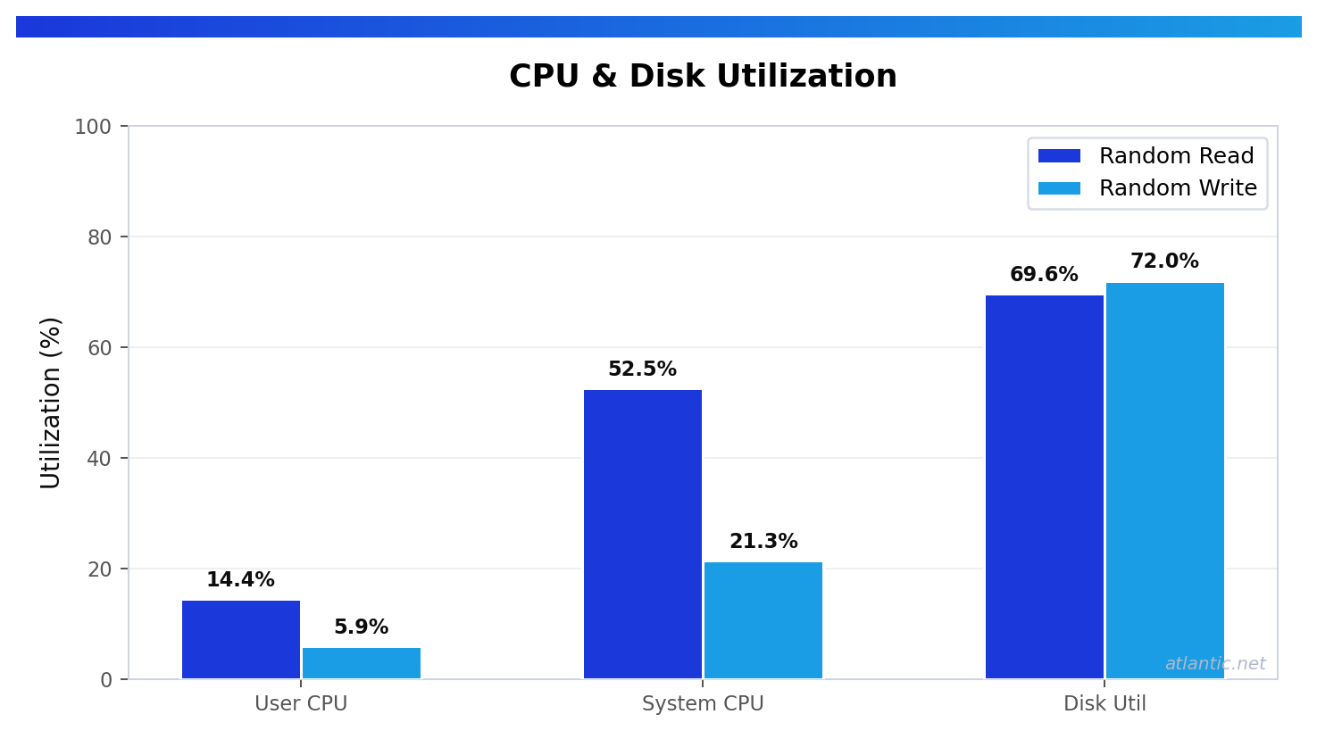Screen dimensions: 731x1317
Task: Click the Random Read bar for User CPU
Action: pyautogui.click(x=241, y=639)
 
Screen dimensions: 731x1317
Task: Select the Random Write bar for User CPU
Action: pyautogui.click(x=362, y=663)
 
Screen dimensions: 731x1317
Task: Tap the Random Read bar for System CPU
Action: pyautogui.click(x=643, y=534)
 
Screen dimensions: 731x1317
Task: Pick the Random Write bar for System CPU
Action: pyautogui.click(x=763, y=620)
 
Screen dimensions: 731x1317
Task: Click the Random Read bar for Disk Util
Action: pyautogui.click(x=1045, y=486)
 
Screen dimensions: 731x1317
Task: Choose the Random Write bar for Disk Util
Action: pyautogui.click(x=1165, y=480)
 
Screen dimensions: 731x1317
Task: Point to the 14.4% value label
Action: pyautogui.click(x=240, y=580)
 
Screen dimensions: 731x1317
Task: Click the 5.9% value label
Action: pyautogui.click(x=361, y=627)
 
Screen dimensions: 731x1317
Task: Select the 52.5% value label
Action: pyautogui.click(x=642, y=370)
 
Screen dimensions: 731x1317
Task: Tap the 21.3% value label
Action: pyautogui.click(x=763, y=542)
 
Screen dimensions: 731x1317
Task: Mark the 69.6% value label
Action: pyautogui.click(x=1044, y=275)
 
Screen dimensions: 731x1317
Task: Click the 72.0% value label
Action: pyautogui.click(x=1164, y=262)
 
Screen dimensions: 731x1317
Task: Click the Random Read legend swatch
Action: pyautogui.click(x=1059, y=156)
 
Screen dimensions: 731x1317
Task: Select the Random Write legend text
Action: pyautogui.click(x=1178, y=188)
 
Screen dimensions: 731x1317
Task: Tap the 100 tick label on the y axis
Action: pyautogui.click(x=93, y=127)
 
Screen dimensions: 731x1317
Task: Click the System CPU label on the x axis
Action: pyautogui.click(x=703, y=704)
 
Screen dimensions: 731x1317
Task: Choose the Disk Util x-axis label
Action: pyautogui.click(x=1104, y=704)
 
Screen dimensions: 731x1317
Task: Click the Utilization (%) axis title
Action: pyautogui.click(x=51, y=403)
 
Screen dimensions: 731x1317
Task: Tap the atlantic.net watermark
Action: pyautogui.click(x=1215, y=664)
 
